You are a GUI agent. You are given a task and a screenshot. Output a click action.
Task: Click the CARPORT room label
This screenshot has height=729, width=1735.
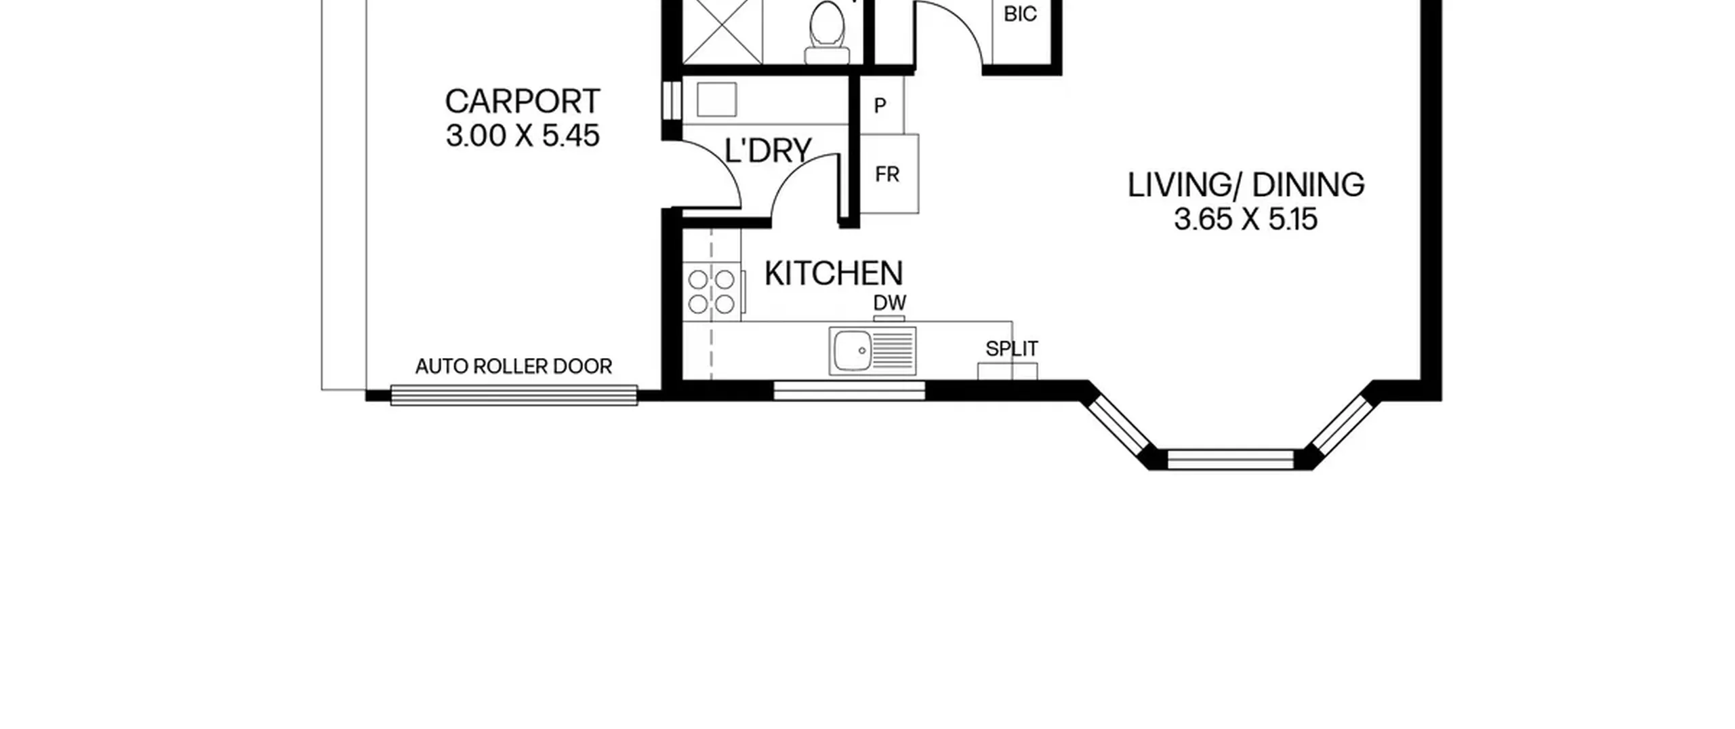tap(522, 102)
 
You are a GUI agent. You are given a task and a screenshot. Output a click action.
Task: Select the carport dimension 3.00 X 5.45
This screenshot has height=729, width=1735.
tap(522, 136)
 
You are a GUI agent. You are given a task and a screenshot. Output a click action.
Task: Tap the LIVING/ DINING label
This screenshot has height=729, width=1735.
tap(1246, 185)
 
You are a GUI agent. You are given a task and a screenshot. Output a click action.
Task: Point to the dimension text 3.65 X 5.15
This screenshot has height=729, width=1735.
tap(1246, 220)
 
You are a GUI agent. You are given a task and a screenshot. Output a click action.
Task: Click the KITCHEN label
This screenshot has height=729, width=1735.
tap(834, 273)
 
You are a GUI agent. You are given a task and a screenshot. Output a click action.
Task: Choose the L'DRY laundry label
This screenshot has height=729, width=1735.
tap(768, 151)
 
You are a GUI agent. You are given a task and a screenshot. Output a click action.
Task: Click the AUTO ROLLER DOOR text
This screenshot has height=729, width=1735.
tap(514, 367)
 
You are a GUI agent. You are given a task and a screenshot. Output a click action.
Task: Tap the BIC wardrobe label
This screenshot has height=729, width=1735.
tap(1020, 14)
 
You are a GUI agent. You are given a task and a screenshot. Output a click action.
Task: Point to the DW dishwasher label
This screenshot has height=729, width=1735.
tap(889, 302)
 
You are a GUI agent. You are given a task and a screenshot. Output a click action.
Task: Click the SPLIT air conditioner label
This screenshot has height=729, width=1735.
tap(1011, 349)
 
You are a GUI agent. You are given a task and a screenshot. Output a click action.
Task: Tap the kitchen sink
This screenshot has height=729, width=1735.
tap(872, 351)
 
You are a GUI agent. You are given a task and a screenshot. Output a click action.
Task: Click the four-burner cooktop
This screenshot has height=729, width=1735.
tap(712, 291)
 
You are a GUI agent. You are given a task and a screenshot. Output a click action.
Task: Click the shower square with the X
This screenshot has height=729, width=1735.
tap(722, 32)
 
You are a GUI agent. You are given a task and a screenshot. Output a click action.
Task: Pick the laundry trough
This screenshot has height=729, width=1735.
tap(716, 100)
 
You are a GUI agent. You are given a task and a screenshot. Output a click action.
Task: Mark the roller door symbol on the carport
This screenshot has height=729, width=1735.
tap(514, 395)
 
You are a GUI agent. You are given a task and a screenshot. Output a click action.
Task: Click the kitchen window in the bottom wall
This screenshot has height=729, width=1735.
tap(849, 390)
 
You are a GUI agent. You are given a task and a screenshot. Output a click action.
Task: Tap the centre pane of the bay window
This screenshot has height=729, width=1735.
tap(1230, 459)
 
